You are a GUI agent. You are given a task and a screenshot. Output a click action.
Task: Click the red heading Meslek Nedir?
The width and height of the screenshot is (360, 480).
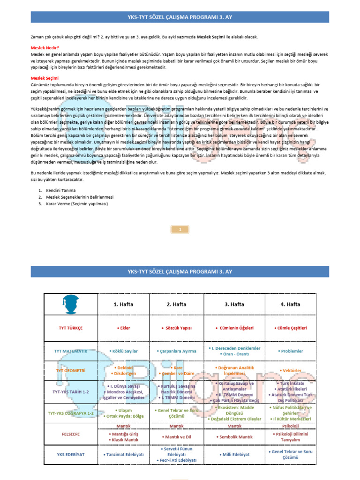click(45, 48)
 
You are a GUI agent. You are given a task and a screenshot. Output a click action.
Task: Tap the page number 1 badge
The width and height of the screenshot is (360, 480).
click(180, 229)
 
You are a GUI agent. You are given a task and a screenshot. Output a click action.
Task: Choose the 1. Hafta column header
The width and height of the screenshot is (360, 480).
click(123, 304)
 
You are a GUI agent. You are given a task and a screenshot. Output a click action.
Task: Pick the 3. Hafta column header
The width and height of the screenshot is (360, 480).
click(234, 304)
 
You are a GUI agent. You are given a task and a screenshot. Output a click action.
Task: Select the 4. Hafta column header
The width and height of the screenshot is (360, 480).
click(290, 304)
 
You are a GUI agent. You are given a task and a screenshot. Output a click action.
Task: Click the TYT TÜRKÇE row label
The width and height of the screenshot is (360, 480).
click(70, 328)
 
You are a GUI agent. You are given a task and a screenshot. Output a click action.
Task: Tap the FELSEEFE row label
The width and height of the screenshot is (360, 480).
click(71, 434)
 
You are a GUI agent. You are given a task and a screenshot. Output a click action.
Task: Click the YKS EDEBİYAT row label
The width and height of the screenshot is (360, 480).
click(70, 455)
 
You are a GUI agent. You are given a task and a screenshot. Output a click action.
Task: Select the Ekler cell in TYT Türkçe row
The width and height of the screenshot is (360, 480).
click(123, 328)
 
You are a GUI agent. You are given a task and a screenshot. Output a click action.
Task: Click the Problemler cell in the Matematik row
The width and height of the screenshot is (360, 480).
click(290, 351)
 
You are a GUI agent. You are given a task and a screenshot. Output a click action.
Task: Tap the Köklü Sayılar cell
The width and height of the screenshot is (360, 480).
click(123, 351)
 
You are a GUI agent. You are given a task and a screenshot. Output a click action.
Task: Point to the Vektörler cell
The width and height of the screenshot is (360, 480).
click(290, 371)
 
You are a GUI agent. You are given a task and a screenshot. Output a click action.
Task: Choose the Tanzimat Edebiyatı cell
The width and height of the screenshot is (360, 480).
click(123, 455)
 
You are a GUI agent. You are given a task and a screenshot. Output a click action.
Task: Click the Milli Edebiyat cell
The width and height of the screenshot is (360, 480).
click(234, 455)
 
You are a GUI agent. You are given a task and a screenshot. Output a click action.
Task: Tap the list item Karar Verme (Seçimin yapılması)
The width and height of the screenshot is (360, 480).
click(77, 204)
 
